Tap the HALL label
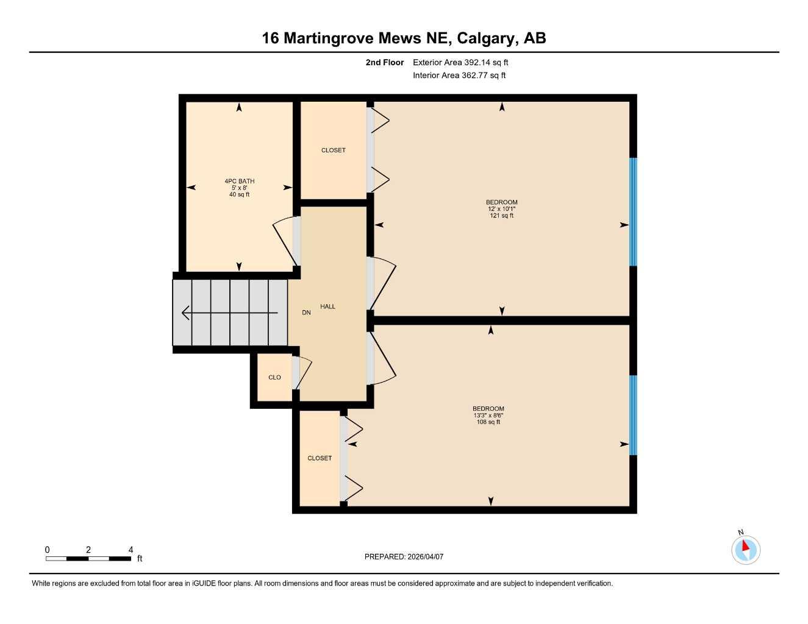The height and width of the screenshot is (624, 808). pos(327,307)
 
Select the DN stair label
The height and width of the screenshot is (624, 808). pos(306,313)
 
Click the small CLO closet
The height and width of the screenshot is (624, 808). pos(274,377)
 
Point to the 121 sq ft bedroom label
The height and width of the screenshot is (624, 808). pos(502,208)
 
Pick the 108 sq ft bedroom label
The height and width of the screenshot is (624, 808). pos(488,415)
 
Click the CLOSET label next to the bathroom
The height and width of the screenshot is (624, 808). pos(333,150)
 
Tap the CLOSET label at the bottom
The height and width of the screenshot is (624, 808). pos(320,458)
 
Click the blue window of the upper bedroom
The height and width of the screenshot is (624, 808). pos(633,211)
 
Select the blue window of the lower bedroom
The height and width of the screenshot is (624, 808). pos(633,415)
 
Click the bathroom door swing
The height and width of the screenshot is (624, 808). pos(284,241)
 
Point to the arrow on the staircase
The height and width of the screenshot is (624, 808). pos(229,313)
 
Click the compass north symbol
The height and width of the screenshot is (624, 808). pos(746,549)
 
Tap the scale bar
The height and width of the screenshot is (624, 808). pos(88,558)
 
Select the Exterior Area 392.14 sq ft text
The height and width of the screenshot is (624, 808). pos(460,62)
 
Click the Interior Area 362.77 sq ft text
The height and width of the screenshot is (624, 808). pos(459,76)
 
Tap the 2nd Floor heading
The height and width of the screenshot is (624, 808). pos(385,62)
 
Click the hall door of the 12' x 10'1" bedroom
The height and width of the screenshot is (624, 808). pos(382,282)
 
